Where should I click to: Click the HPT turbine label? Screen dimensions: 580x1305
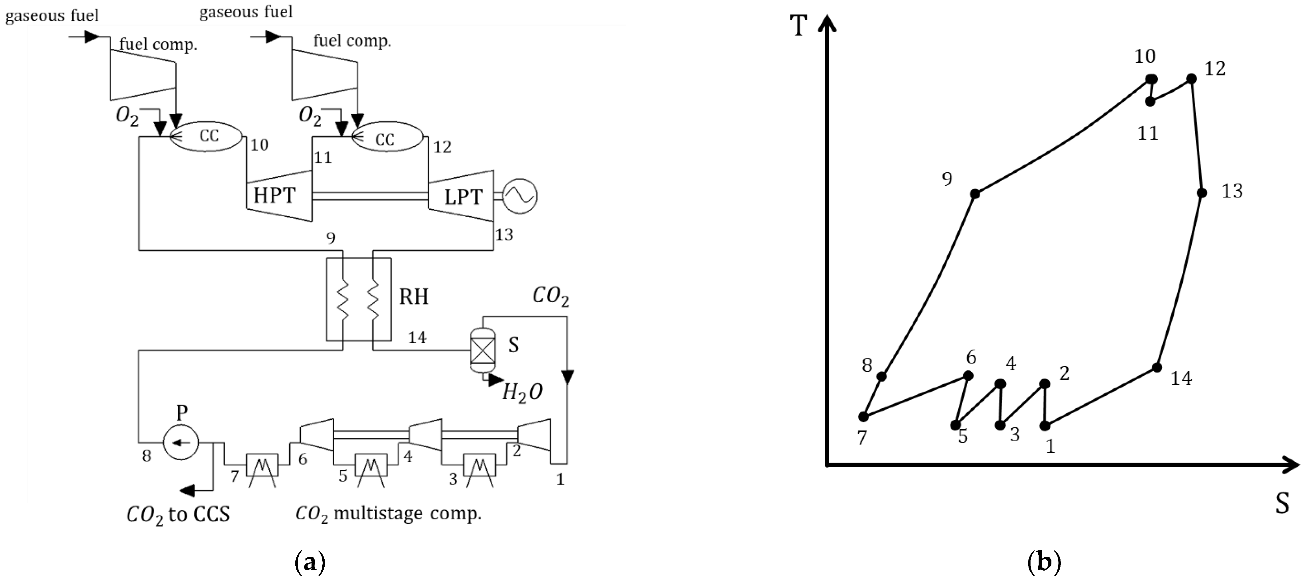(x=274, y=195)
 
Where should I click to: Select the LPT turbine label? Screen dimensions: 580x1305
(x=463, y=197)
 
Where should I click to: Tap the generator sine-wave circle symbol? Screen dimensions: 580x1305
(x=520, y=196)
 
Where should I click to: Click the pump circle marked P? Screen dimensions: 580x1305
(x=181, y=442)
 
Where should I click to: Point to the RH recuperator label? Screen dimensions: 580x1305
(x=413, y=296)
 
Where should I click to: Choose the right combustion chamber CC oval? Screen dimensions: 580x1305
(x=387, y=138)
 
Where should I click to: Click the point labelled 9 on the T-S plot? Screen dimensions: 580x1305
(x=974, y=194)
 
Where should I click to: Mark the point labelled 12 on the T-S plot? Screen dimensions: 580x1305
(x=1192, y=78)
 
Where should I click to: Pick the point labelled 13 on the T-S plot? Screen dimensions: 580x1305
(x=1202, y=192)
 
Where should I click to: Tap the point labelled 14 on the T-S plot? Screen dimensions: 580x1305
(x=1157, y=367)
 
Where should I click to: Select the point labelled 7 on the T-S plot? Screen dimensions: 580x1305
(x=863, y=416)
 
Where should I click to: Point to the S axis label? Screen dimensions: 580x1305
(x=1282, y=504)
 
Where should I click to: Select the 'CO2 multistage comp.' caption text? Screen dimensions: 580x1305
(x=388, y=514)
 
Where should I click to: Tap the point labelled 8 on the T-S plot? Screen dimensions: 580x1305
(x=881, y=376)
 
